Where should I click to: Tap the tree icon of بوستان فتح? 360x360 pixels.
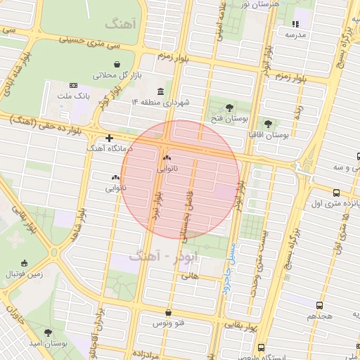coord(229,108)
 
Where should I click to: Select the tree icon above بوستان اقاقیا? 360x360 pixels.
coord(267,124)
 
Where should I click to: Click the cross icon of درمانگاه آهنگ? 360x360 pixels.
coord(109,139)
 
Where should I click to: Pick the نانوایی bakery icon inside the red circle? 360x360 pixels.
coord(167,157)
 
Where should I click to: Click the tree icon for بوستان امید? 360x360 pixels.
coord(48,332)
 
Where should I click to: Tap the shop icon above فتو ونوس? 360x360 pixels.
coord(167,313)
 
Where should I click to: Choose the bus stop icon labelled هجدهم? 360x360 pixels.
coord(321,305)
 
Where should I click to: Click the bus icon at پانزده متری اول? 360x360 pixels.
coord(336,193)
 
